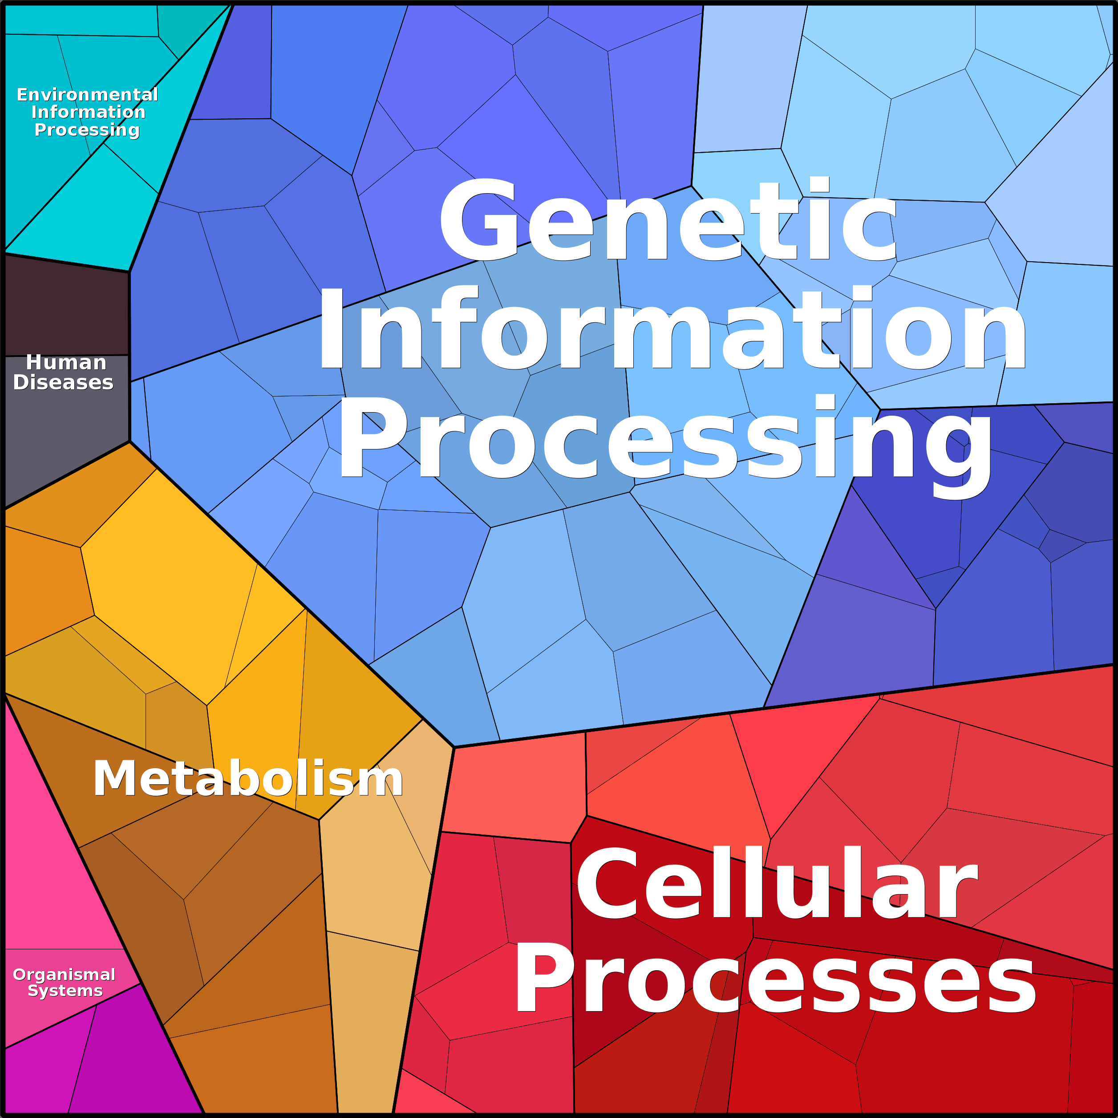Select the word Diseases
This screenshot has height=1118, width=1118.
(x=64, y=382)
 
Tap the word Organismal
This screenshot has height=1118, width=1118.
(x=64, y=975)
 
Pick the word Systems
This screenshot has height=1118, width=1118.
(x=65, y=991)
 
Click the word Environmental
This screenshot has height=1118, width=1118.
(x=87, y=94)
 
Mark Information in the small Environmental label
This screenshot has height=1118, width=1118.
(x=89, y=112)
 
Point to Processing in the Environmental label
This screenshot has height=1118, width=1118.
(x=87, y=130)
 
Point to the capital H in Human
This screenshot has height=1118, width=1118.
(x=34, y=363)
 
